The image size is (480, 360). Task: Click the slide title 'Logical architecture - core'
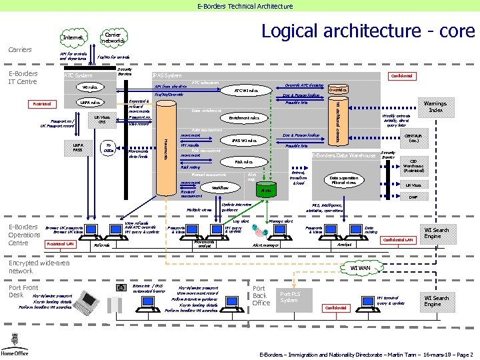click(x=367, y=31)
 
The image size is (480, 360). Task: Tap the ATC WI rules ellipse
click(x=246, y=90)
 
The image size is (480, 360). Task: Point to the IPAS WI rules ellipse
click(x=244, y=141)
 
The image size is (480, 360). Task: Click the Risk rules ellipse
click(x=243, y=161)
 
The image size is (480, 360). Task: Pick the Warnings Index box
click(x=435, y=106)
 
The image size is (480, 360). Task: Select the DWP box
click(x=413, y=197)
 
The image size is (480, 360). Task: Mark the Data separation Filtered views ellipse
click(x=344, y=180)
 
